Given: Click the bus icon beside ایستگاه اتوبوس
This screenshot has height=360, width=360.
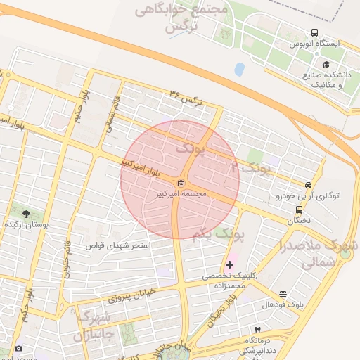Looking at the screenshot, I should pyautogui.click(x=314, y=33).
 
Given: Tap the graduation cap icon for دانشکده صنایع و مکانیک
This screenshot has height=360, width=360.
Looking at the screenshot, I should pyautogui.click(x=326, y=64).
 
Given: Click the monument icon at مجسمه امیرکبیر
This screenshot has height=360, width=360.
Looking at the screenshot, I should pyautogui.click(x=182, y=184).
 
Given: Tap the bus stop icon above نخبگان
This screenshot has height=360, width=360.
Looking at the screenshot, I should pyautogui.click(x=299, y=209).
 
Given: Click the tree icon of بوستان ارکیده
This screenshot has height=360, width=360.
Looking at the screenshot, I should pyautogui.click(x=26, y=213).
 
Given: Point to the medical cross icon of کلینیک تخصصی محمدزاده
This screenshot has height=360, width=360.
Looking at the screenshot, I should pyautogui.click(x=229, y=265).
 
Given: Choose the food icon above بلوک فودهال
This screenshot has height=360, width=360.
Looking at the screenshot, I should pyautogui.click(x=283, y=294).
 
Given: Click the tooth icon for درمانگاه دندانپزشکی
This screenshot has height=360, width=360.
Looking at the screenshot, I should pyautogui.click(x=258, y=329).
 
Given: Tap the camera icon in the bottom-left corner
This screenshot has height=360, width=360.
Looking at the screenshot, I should pyautogui.click(x=18, y=349).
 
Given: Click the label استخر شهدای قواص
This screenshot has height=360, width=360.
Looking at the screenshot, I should pyautogui.click(x=118, y=246).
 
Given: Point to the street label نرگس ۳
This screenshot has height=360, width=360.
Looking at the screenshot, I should pyautogui.click(x=185, y=98).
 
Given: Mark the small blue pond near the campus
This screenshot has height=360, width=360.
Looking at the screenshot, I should pyautogui.click(x=240, y=69).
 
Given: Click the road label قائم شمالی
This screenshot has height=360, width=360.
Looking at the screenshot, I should pyautogui.click(x=112, y=115).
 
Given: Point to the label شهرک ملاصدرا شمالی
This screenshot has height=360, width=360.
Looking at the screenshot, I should pyautogui.click(x=320, y=255).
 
